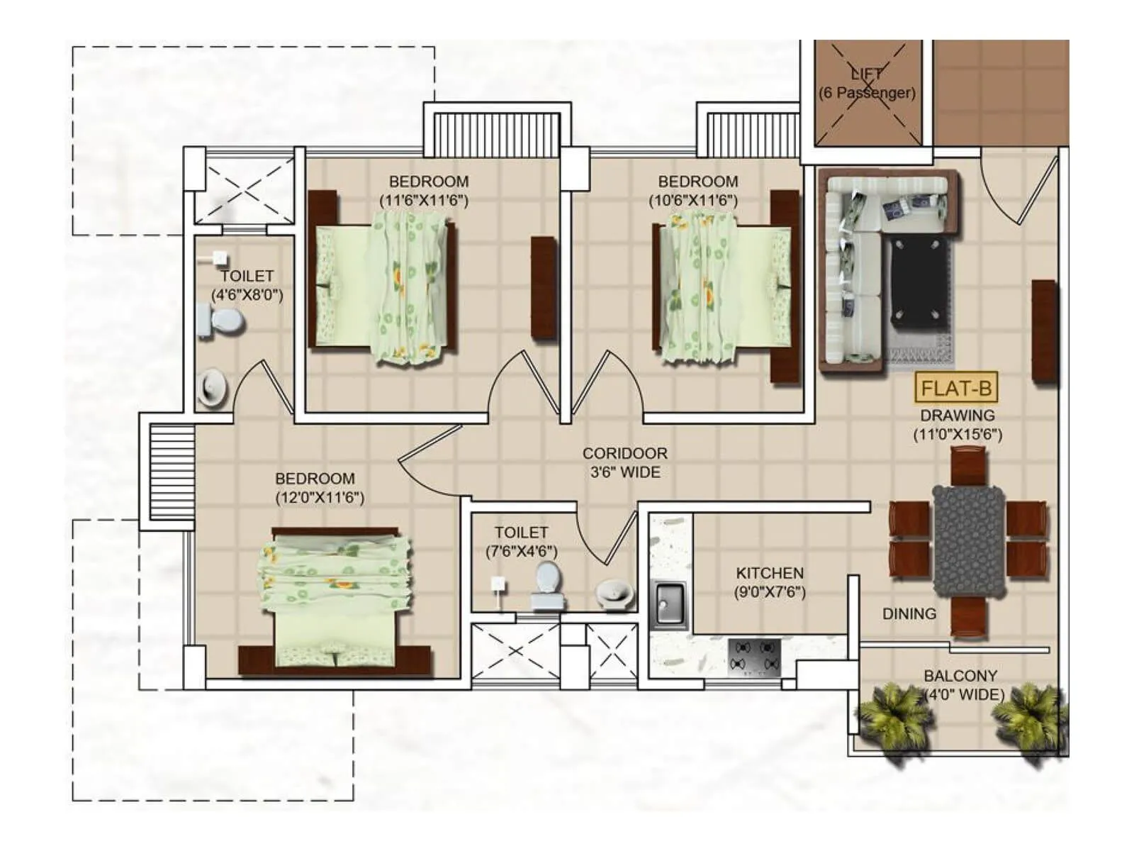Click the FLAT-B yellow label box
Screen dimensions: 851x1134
click(956, 389)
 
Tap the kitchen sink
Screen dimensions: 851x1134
click(668, 604)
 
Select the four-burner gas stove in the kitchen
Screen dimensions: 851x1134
click(755, 656)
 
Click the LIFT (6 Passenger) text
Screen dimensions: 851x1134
click(867, 83)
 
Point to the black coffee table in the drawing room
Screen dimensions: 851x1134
click(919, 283)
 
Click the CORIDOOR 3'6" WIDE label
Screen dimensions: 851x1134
click(624, 462)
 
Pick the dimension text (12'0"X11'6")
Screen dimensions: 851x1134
click(320, 498)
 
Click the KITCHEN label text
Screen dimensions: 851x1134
click(769, 573)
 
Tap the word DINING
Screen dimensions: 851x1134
click(909, 614)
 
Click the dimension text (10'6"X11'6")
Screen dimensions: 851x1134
click(693, 201)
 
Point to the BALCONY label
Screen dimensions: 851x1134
click(960, 676)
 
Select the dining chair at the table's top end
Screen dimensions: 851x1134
click(968, 466)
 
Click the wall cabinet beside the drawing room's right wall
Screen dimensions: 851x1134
click(1043, 330)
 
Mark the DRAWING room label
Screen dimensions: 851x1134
click(957, 416)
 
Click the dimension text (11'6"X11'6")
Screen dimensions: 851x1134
click(424, 201)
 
